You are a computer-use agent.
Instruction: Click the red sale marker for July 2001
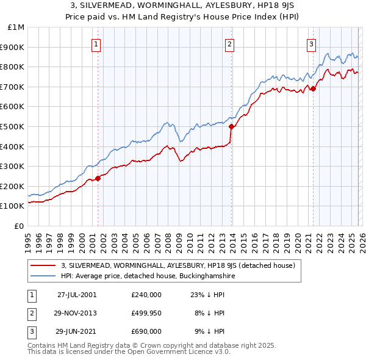[x=98, y=178]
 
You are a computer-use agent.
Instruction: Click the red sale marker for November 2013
[x=231, y=127]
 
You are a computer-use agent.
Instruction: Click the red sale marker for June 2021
[x=313, y=89]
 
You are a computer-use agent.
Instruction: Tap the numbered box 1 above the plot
[x=97, y=43]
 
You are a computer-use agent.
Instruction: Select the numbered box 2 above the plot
[x=229, y=43]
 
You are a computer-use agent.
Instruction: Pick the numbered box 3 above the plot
[x=311, y=43]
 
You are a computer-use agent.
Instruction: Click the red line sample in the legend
[x=43, y=266]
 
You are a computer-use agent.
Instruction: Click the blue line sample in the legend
[x=43, y=276]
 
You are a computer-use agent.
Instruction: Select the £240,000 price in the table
[x=146, y=294]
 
